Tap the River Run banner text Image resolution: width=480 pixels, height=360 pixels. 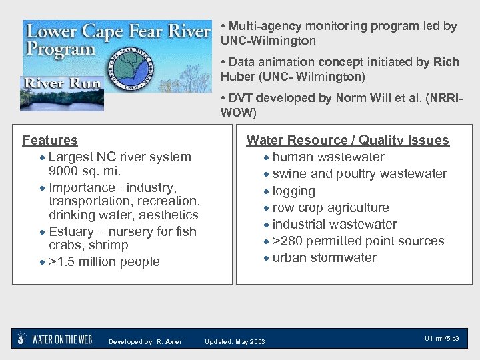coord(53,84)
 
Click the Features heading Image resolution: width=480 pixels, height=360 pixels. coord(50,140)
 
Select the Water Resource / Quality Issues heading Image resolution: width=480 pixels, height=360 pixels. coord(347,140)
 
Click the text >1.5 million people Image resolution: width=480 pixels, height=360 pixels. coord(104,261)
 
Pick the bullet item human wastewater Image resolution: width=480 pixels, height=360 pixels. coord(328,157)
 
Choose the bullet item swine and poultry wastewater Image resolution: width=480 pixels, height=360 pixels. coord(359,174)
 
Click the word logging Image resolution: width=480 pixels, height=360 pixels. coord(293,191)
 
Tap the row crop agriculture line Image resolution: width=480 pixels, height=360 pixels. coord(330,207)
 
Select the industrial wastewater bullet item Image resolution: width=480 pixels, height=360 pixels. coord(334,224)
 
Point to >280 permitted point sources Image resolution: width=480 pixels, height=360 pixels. coord(358,241)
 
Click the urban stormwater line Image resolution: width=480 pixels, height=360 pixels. coord(324,257)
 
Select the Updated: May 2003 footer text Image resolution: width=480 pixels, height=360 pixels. coord(235,342)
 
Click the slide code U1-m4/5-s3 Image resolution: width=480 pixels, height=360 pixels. coord(441,339)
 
